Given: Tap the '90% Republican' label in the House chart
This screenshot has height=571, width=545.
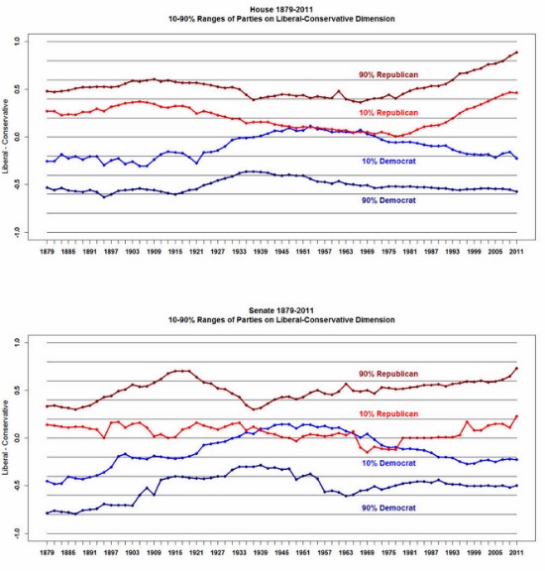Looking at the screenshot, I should click(389, 75).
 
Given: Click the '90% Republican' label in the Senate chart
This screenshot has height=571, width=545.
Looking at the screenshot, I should click(389, 374).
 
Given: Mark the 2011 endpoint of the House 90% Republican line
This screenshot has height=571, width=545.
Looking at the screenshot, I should click(516, 52).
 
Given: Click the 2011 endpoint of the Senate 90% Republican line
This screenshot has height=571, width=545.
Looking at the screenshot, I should click(516, 369).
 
